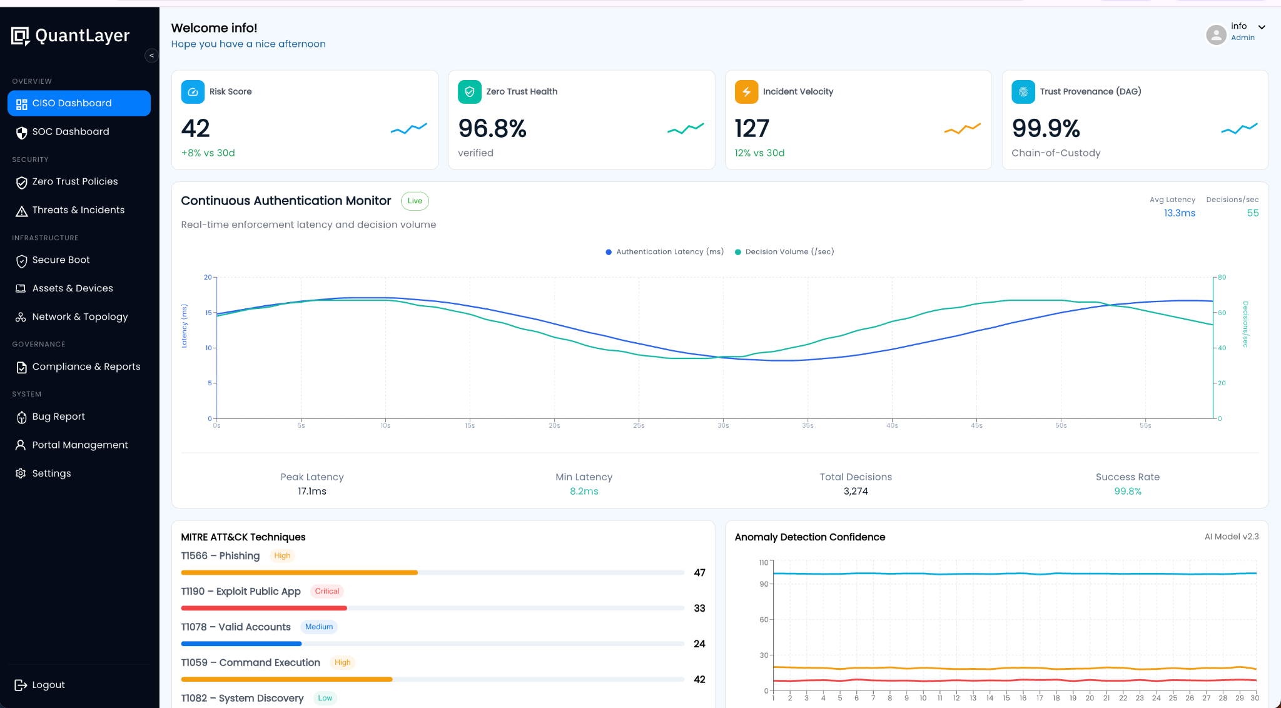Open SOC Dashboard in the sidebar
(70, 132)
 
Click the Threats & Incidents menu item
(78, 210)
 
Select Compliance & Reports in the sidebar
(86, 367)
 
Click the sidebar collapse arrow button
(151, 56)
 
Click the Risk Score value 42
(196, 129)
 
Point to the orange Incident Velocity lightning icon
(746, 92)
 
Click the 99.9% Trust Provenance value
(1046, 129)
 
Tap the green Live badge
(415, 201)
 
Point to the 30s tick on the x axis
(723, 425)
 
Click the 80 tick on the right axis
(1222, 277)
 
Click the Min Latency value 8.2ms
(584, 492)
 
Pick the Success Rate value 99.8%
(1127, 492)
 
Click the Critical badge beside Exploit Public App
(327, 592)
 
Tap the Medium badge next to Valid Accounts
(319, 627)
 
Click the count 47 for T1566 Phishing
(699, 573)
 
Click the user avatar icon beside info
(1215, 34)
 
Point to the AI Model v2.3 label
(1231, 537)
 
